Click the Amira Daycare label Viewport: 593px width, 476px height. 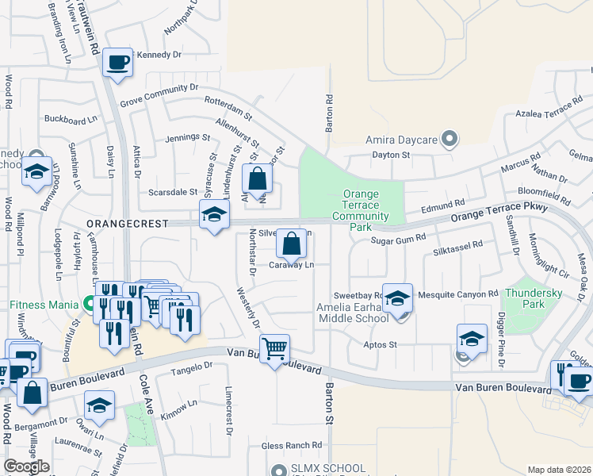(x=402, y=140)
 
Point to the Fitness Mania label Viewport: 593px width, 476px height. (x=46, y=303)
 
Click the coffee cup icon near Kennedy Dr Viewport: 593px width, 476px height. (x=118, y=63)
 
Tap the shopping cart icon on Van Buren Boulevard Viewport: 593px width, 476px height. (x=274, y=348)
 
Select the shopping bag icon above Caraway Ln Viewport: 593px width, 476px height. (x=292, y=243)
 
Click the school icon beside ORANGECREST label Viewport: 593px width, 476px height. (x=214, y=215)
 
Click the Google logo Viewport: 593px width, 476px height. (x=27, y=466)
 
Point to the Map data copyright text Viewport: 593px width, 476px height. (x=560, y=470)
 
